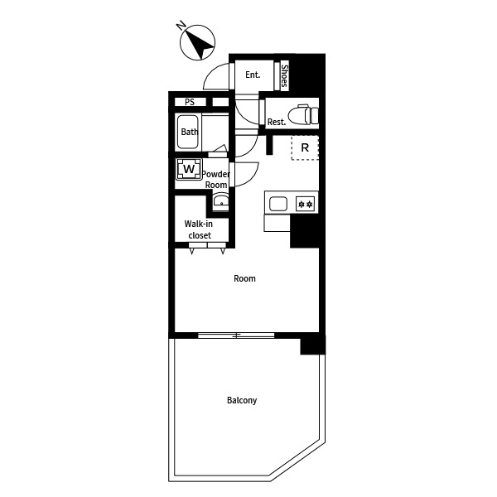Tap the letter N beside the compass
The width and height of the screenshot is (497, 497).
[x=181, y=25]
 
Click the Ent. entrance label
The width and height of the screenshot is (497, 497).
[x=253, y=75]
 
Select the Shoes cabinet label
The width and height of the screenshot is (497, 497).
[x=284, y=75]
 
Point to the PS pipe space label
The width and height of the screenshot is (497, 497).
[x=190, y=102]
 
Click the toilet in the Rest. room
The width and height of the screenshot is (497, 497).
[x=303, y=115]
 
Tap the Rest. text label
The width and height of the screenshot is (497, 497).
[x=277, y=122]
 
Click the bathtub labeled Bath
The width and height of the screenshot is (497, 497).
[x=188, y=132]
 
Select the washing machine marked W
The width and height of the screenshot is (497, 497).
[x=189, y=169]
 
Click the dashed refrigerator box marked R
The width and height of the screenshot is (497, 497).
[x=305, y=147]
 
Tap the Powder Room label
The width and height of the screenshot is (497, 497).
[x=216, y=180]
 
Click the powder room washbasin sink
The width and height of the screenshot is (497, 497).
[x=221, y=201]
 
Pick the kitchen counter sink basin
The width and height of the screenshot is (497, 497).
[x=278, y=204]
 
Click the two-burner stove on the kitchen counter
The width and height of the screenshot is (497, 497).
[x=306, y=204]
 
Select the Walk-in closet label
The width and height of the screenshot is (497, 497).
[x=199, y=229]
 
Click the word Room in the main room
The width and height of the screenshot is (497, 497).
[x=244, y=278]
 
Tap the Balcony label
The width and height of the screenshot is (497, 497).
[x=242, y=400]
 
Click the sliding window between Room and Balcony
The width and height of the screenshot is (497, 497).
[x=236, y=335]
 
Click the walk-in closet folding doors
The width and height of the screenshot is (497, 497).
[x=208, y=248]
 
